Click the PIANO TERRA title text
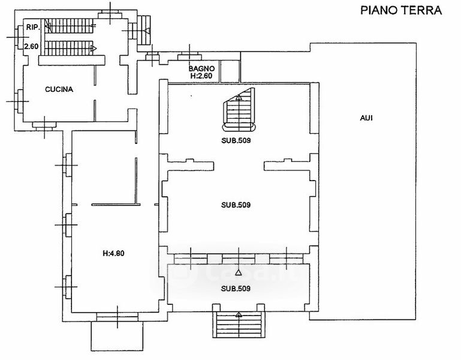click(401, 10)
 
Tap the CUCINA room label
click(59, 89)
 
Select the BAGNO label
click(201, 68)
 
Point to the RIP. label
click(33, 27)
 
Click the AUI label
click(366, 118)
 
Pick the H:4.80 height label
click(113, 253)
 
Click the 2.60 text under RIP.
click(31, 46)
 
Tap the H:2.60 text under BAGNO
click(202, 76)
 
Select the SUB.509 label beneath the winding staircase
click(236, 140)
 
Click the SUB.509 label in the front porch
click(236, 289)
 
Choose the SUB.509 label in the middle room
click(236, 205)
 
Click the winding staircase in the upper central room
click(239, 110)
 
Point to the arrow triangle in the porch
click(239, 272)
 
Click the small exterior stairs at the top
click(144, 30)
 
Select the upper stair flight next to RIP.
click(70, 26)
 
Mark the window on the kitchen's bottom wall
click(44, 126)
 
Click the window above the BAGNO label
click(189, 56)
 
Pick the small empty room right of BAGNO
click(230, 71)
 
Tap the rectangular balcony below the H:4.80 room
click(117, 336)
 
